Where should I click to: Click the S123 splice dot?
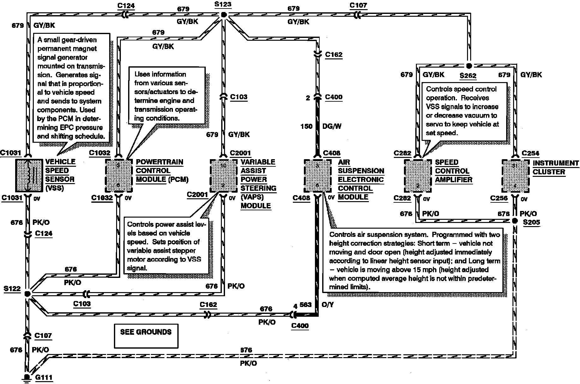(223, 15)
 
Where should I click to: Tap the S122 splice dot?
(27, 294)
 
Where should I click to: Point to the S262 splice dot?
(469, 66)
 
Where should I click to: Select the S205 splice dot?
(515, 221)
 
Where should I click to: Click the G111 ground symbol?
(27, 378)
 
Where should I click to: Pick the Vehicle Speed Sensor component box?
(29, 175)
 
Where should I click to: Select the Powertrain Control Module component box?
(118, 175)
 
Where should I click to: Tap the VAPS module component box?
(223, 175)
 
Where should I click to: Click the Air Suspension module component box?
(317, 176)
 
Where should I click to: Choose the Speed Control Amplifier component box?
(418, 176)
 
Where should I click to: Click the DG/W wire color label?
(331, 126)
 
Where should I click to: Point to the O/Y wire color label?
(328, 305)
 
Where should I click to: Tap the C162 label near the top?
(334, 55)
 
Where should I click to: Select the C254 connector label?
(530, 153)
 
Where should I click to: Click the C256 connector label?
(499, 198)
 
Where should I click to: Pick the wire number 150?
(306, 126)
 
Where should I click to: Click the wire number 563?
(305, 305)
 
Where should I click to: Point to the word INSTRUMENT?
(556, 163)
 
